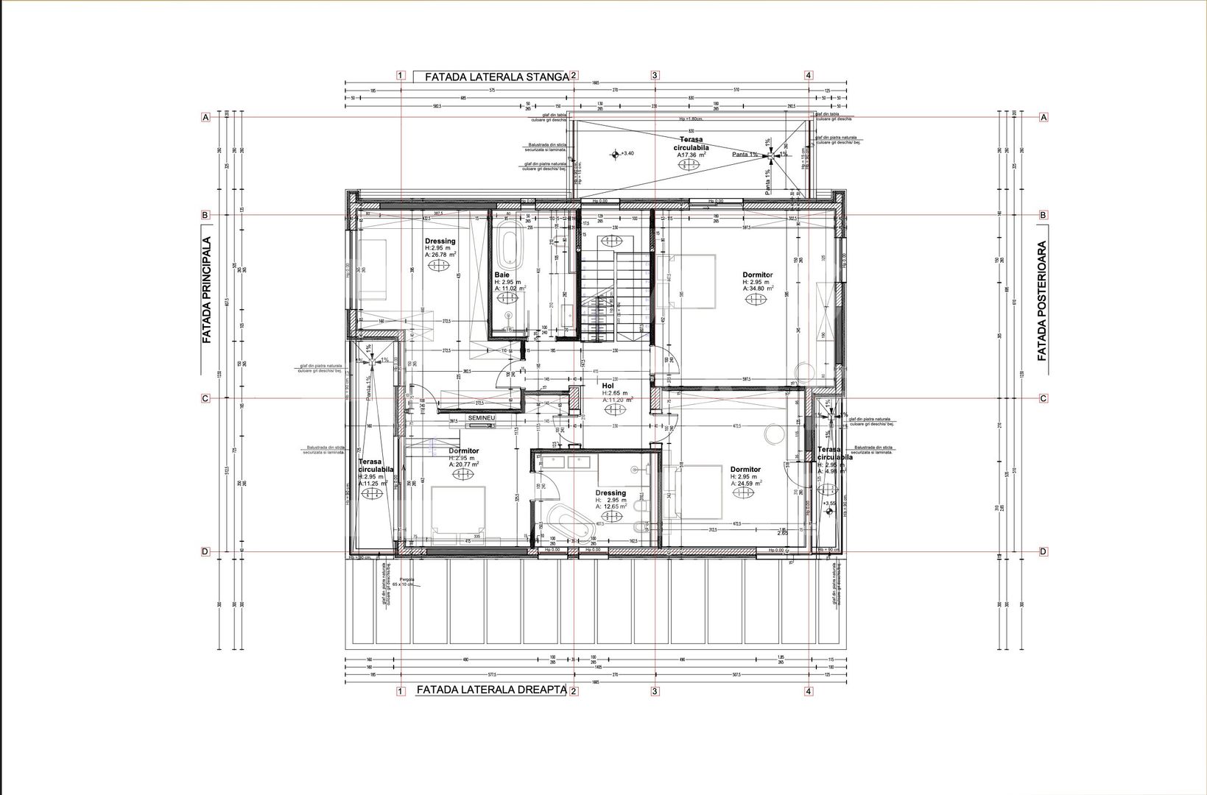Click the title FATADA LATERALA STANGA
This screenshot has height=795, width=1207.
[491, 76]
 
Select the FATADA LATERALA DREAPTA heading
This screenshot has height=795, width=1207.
[491, 690]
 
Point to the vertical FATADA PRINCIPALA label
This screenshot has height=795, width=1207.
[207, 290]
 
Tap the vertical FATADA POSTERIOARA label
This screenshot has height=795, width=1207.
[1042, 301]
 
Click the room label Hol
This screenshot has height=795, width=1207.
[608, 385]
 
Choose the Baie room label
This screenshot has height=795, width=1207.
[502, 274]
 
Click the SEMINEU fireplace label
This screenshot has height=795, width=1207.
[480, 417]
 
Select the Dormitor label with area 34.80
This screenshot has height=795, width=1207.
[757, 275]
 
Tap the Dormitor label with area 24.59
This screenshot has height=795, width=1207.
[745, 469]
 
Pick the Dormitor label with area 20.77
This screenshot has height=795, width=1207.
[464, 451]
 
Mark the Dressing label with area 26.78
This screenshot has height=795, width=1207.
[440, 241]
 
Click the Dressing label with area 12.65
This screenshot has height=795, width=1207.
[610, 493]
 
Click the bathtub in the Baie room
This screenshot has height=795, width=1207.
[509, 248]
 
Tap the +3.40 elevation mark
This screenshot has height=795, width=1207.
[616, 154]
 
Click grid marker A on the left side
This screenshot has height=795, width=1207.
[206, 117]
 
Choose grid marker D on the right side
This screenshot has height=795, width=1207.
[1043, 551]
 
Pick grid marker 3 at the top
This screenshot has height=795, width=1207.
[655, 75]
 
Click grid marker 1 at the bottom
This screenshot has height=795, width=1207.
[401, 690]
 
